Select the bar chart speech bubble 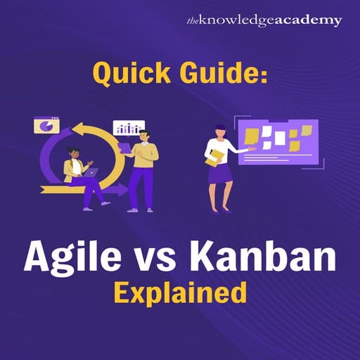pyautogui.click(x=129, y=128)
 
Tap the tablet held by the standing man pyautogui.click(x=124, y=148)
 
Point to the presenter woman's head pyautogui.click(x=221, y=129)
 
